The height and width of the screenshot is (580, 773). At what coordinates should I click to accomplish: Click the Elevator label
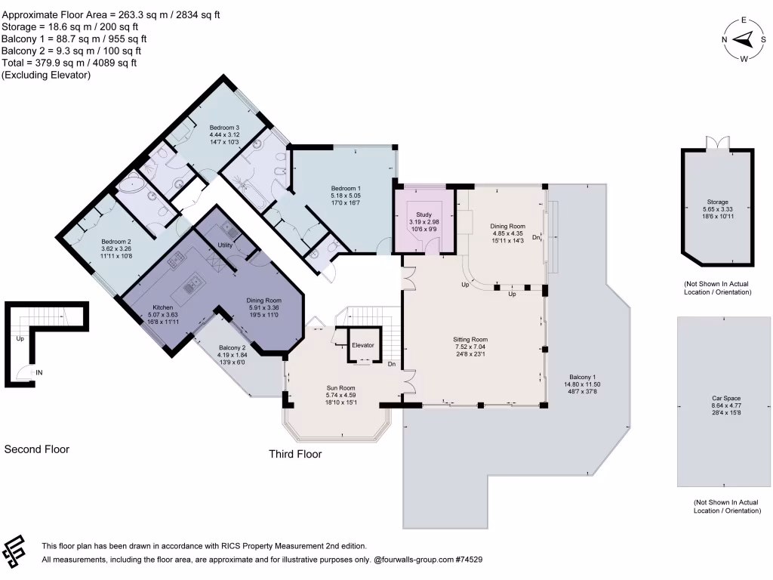363,345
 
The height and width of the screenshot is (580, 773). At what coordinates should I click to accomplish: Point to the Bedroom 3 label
224,128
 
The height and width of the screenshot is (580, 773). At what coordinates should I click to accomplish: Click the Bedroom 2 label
116,242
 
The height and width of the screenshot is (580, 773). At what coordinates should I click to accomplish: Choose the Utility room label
225,245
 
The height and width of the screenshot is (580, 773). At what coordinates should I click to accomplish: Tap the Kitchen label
164,308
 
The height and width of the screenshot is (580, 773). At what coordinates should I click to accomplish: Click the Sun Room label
340,387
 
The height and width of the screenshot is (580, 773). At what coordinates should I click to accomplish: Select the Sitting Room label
470,340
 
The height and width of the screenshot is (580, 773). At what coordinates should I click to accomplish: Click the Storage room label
718,202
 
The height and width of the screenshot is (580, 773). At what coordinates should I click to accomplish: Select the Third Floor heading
295,454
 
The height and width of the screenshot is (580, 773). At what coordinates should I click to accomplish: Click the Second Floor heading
37,449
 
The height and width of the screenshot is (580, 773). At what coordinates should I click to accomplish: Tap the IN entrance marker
38,372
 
